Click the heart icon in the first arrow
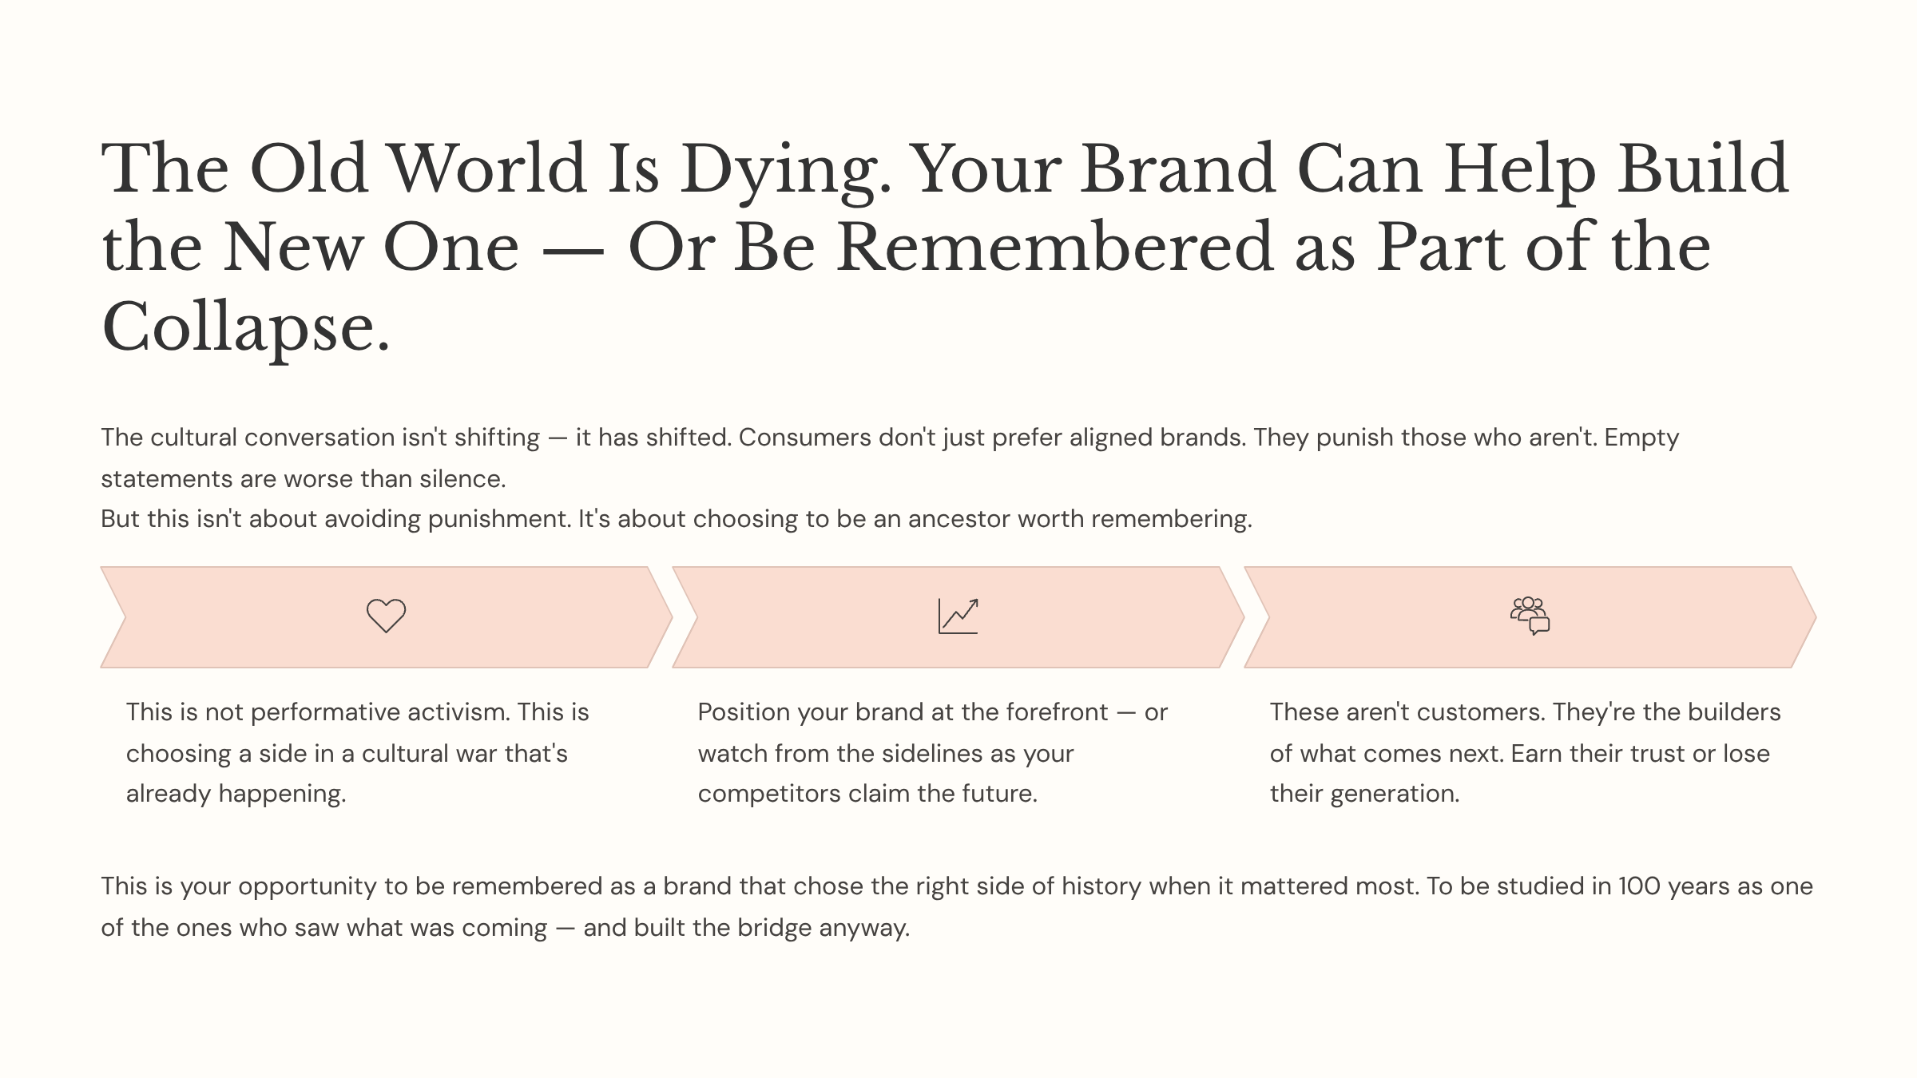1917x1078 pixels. pos(386,616)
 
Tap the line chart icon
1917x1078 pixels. pos(958,616)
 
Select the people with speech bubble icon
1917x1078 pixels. pos(1530,616)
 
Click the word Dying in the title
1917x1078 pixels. pos(785,170)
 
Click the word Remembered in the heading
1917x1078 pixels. pos(1054,248)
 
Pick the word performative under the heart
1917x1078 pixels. pos(379,712)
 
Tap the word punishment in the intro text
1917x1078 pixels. pos(498,519)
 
